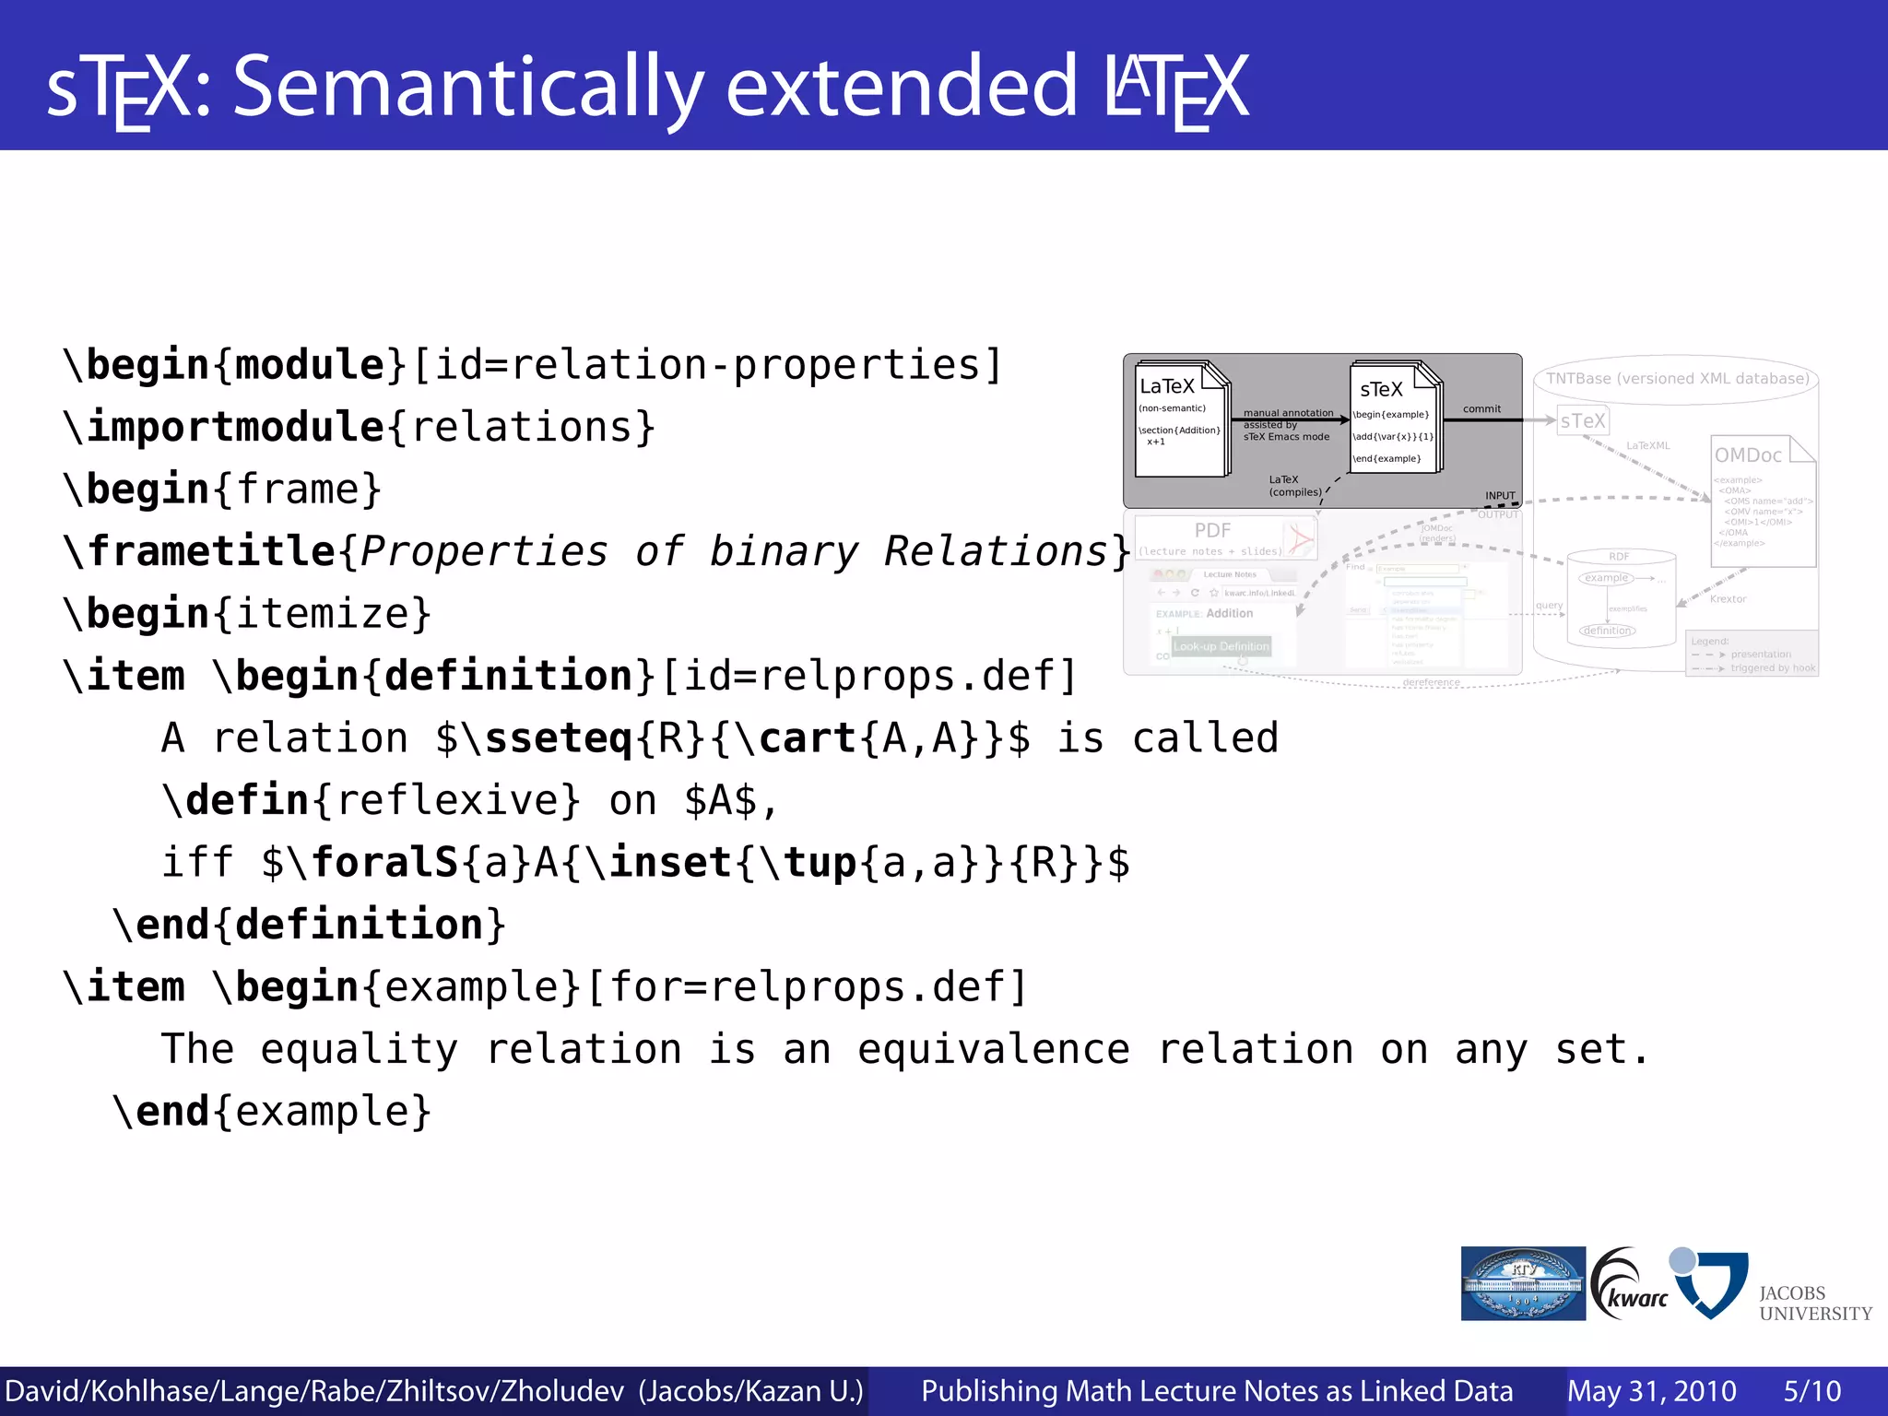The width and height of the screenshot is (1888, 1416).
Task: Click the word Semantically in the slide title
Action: (468, 88)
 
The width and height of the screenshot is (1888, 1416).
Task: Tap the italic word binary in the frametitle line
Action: (784, 552)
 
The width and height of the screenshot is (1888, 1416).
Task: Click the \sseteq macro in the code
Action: (548, 739)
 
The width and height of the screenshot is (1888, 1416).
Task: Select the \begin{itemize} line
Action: (247, 614)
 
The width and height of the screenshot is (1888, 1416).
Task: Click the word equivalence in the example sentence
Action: (994, 1050)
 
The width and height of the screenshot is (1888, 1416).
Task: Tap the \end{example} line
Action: (272, 1112)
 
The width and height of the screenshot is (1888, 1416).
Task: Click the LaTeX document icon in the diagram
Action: (1182, 419)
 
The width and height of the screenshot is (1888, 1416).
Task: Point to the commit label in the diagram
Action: (1481, 409)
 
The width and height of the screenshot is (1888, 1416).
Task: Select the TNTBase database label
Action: (1677, 379)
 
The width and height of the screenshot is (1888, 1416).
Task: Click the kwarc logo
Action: (1630, 1285)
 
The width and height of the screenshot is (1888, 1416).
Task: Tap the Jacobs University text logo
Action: (1814, 1304)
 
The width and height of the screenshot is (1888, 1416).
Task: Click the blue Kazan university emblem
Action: (1523, 1284)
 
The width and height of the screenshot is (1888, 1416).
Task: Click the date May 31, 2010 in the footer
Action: (1651, 1391)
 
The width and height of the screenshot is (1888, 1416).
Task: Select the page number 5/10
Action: (1811, 1391)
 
